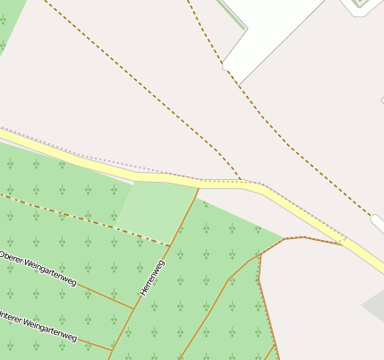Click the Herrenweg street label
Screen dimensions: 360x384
click(152, 278)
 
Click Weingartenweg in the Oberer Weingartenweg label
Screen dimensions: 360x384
click(52, 274)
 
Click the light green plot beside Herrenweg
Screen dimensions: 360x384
click(156, 210)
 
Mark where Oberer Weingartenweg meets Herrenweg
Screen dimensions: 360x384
click(134, 309)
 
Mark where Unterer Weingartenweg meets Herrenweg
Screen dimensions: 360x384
click(113, 350)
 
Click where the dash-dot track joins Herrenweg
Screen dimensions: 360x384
click(169, 244)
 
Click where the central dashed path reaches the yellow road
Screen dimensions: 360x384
click(241, 182)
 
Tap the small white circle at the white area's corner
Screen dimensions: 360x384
click(225, 66)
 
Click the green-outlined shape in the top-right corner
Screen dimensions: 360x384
click(360, 4)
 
